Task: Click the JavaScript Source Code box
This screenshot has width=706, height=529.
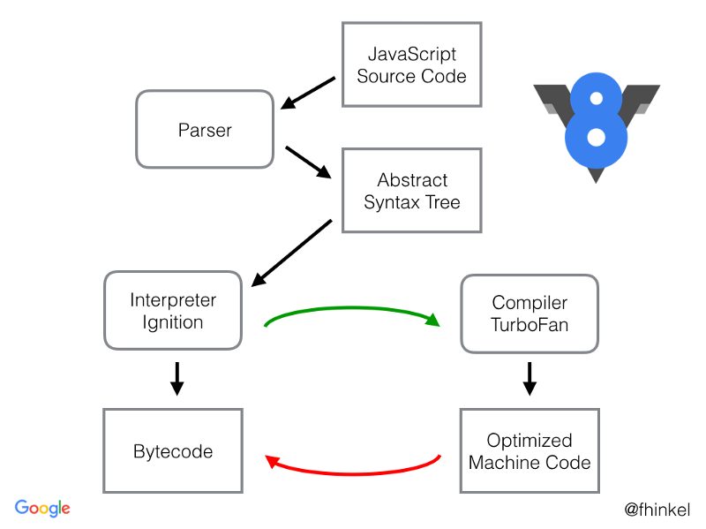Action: [411, 64]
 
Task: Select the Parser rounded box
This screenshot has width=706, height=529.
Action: [205, 129]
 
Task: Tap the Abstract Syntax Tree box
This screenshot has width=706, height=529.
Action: [411, 190]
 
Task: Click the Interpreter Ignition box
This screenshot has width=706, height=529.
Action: [173, 310]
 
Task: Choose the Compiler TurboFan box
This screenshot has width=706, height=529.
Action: [529, 314]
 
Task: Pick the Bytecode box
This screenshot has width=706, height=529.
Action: [173, 450]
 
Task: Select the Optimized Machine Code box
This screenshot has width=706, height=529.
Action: [529, 450]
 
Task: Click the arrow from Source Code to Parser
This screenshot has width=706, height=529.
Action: [308, 93]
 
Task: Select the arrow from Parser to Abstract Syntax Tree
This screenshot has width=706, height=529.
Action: [308, 162]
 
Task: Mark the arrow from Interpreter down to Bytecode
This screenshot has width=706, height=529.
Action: [176, 377]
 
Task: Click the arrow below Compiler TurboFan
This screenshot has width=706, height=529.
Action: [529, 377]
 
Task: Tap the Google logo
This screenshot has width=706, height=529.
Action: [42, 508]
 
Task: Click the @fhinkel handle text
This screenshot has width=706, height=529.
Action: [657, 510]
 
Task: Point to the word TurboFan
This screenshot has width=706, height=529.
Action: [529, 324]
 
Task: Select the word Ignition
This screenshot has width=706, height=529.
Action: [173, 321]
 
